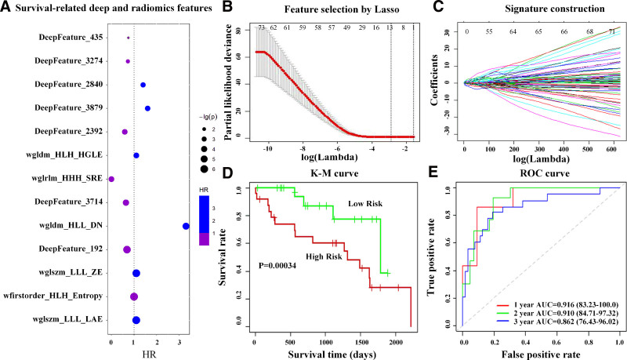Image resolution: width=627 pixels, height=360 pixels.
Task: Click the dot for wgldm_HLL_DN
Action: coord(186,226)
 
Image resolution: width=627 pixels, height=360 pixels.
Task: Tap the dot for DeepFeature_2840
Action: coord(143,84)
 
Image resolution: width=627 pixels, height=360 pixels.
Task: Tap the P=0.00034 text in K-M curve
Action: coord(280,286)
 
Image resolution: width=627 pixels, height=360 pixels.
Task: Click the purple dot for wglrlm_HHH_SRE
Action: coord(111,179)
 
